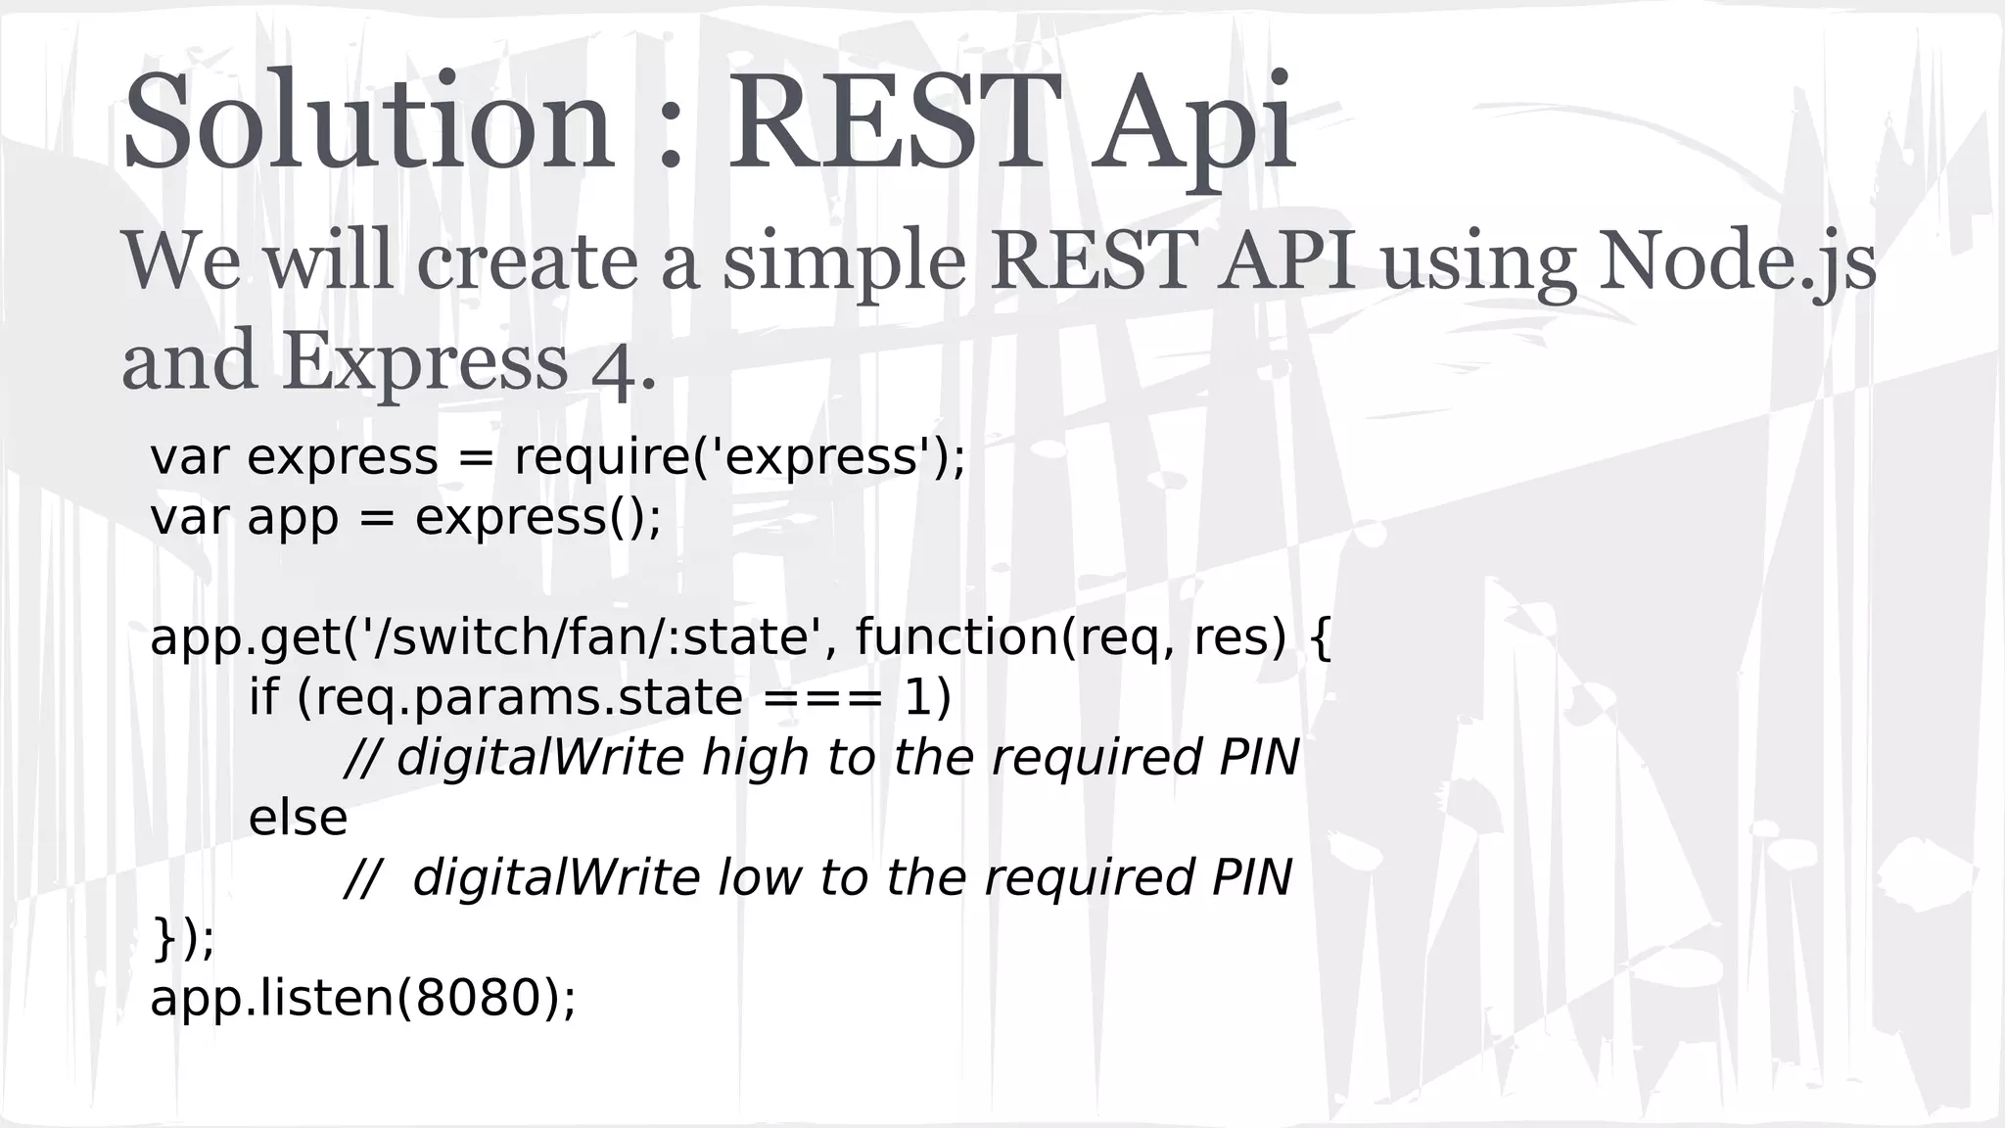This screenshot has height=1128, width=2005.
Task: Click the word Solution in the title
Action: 368,122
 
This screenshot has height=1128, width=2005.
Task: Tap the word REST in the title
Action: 893,122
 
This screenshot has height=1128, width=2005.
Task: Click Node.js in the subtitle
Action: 1737,262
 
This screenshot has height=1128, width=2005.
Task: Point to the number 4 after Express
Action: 614,372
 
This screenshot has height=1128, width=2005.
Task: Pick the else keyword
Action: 298,818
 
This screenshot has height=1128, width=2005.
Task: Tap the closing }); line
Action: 183,938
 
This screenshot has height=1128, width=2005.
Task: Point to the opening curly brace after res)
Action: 1320,638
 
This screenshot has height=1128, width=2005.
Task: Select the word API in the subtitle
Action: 1286,262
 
